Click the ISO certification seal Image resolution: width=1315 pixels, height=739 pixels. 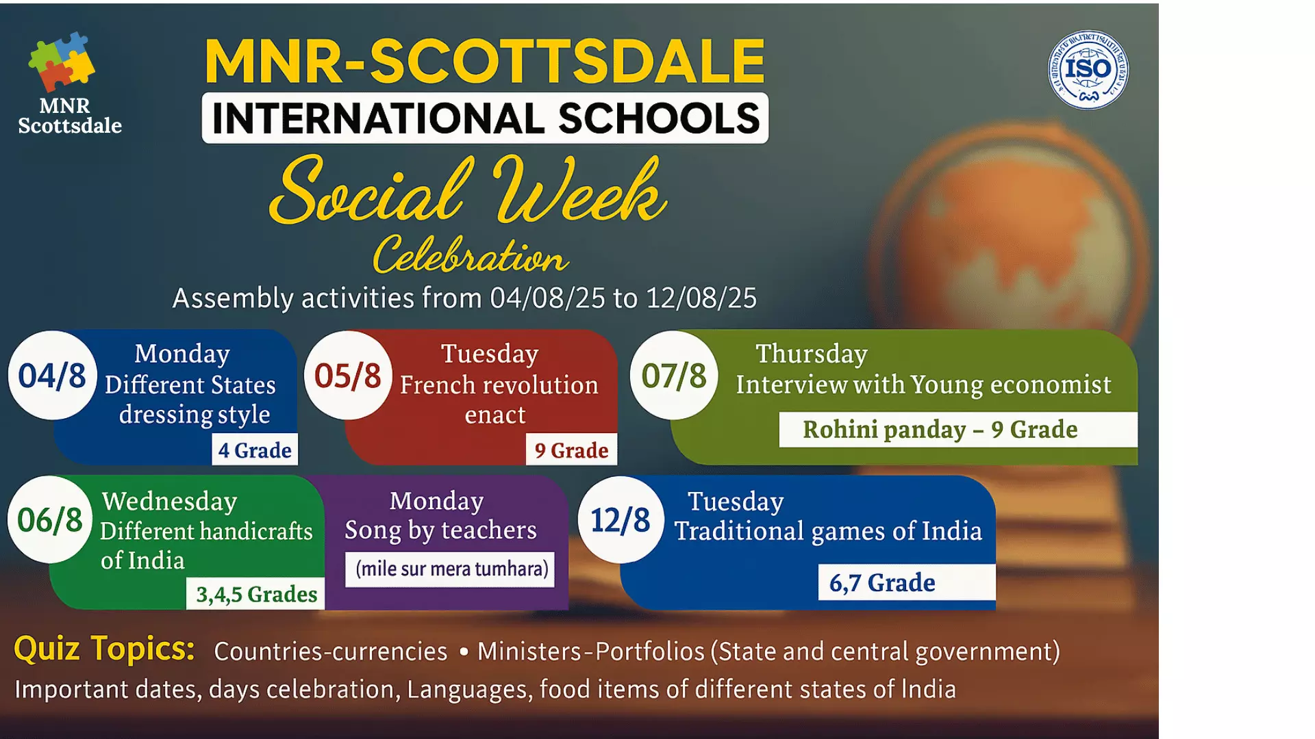[x=1088, y=70]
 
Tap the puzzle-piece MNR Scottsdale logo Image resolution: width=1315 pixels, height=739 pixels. [x=62, y=62]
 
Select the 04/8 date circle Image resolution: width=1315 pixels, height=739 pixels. [x=52, y=375]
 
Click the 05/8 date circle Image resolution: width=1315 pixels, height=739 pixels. [x=348, y=375]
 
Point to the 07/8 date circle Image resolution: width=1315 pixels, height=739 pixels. [x=674, y=375]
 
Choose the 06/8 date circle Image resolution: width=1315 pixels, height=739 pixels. [x=50, y=519]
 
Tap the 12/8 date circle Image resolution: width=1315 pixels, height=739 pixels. [x=621, y=519]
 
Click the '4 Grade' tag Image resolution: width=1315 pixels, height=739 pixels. [x=255, y=450]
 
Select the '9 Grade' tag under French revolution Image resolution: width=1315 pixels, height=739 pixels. [x=571, y=450]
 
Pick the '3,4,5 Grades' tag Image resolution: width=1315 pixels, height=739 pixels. [x=256, y=593]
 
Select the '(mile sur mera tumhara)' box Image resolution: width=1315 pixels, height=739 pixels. [x=452, y=569]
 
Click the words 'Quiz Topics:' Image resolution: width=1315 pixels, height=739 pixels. [x=104, y=648]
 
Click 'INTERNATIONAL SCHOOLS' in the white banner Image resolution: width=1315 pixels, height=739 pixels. [x=485, y=118]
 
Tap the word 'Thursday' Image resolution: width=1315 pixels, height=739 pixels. [x=812, y=354]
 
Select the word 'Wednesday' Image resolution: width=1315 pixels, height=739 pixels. [x=170, y=501]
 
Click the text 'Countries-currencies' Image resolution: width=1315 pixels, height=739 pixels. [x=330, y=651]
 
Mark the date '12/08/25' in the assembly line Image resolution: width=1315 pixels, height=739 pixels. [x=701, y=298]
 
